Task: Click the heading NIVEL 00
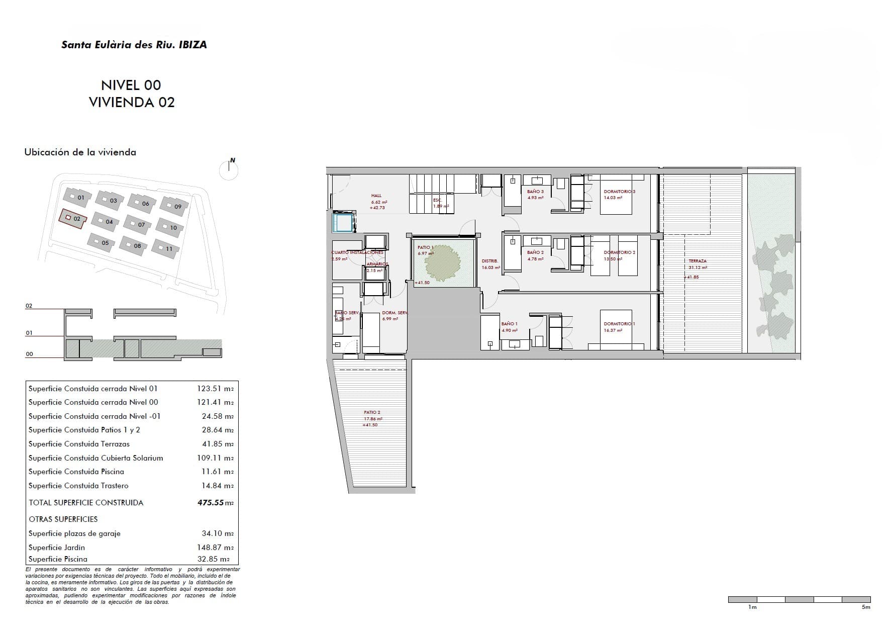click(x=131, y=85)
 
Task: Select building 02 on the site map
click(x=73, y=219)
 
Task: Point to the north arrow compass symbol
click(x=229, y=169)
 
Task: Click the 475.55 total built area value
click(x=211, y=503)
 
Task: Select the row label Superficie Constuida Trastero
click(x=78, y=486)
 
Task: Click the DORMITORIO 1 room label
click(x=619, y=324)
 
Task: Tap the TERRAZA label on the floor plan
click(x=698, y=261)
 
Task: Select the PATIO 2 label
click(x=372, y=412)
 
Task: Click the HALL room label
click(x=376, y=196)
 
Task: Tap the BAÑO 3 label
click(x=535, y=192)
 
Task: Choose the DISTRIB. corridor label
click(x=490, y=261)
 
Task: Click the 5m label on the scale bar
click(x=866, y=607)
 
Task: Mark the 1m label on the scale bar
click(x=752, y=607)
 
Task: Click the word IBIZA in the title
click(x=192, y=45)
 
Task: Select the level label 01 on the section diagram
click(x=29, y=333)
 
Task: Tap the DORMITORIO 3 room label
click(x=620, y=192)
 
